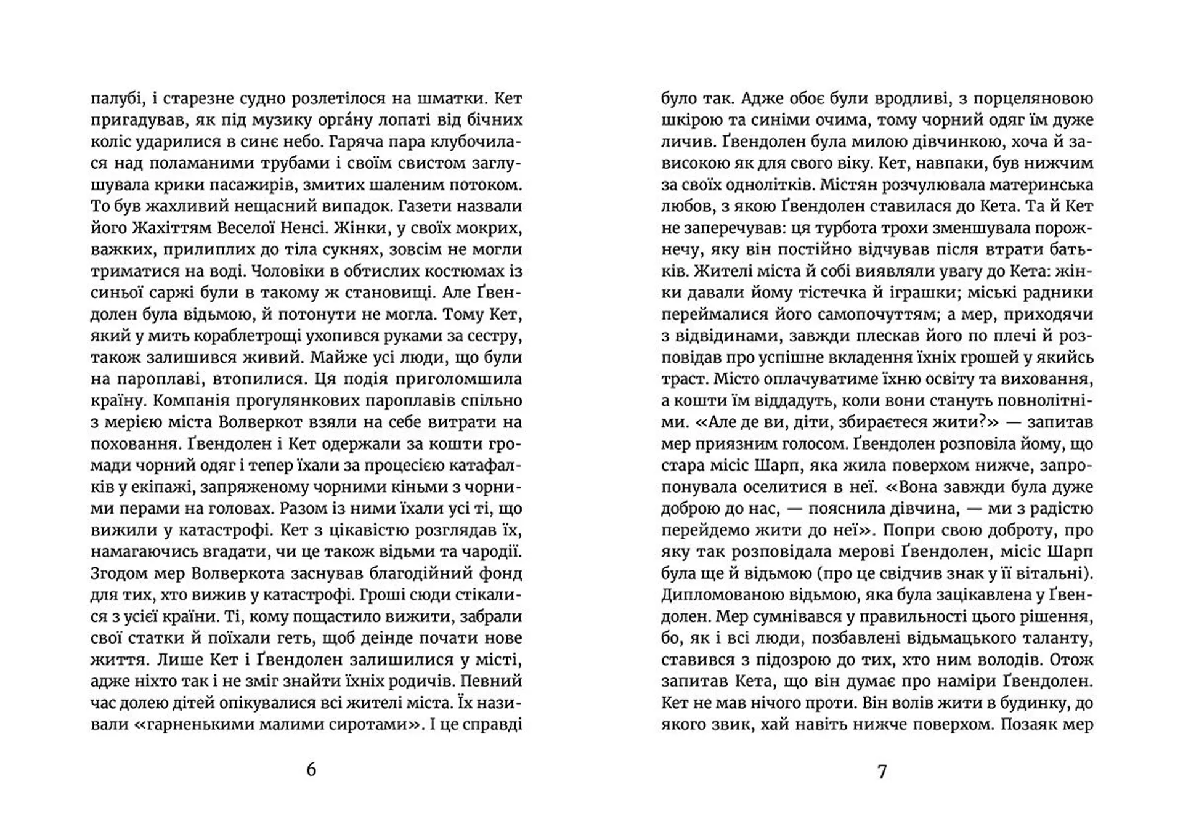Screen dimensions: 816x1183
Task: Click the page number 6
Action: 311,770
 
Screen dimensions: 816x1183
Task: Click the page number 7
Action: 882,771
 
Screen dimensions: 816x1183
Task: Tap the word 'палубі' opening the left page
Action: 112,99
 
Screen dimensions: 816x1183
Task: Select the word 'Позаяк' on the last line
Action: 1028,724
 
